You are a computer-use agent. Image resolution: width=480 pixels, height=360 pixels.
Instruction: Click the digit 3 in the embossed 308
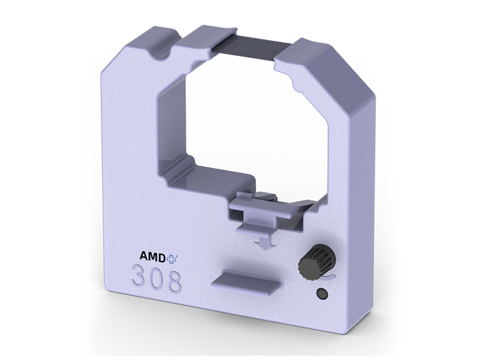pyautogui.click(x=141, y=280)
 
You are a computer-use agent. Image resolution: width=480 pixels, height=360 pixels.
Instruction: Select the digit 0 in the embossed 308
pyautogui.click(x=157, y=281)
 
